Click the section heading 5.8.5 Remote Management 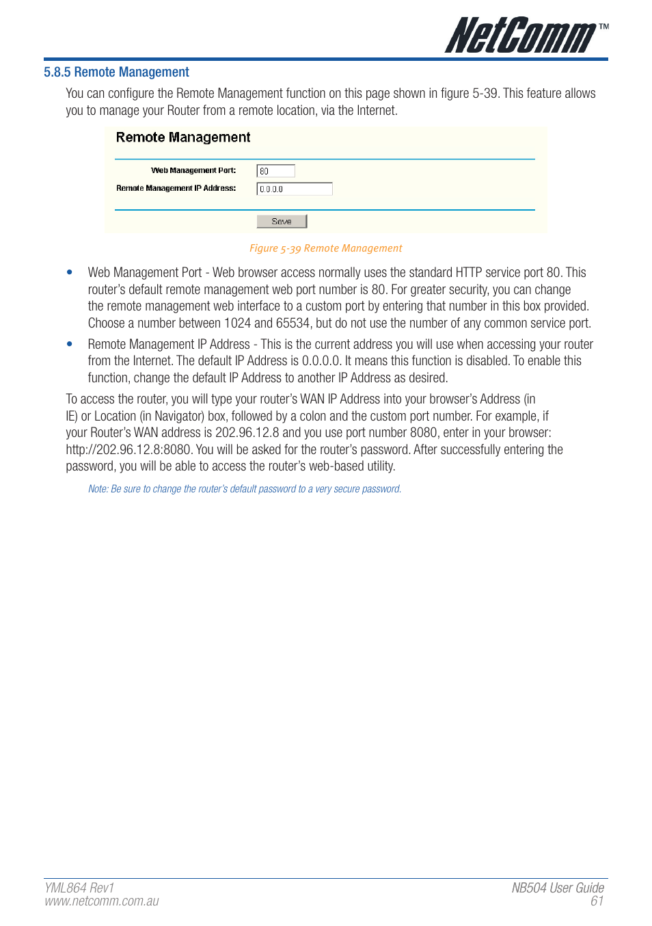tap(116, 72)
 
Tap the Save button tap(282, 222)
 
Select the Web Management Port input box tap(275, 171)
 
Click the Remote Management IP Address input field tap(294, 189)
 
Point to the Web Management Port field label tap(193, 170)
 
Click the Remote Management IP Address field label tap(176, 188)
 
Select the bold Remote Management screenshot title tap(183, 137)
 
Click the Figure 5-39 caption tap(325, 248)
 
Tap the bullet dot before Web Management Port tap(70, 272)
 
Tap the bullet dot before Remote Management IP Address tap(70, 344)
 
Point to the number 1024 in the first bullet tap(237, 323)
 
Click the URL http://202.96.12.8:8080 tap(128, 450)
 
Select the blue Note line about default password tap(244, 489)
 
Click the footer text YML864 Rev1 tap(79, 888)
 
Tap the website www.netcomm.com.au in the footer tap(102, 901)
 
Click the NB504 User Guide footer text tap(558, 888)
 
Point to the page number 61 tap(597, 901)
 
